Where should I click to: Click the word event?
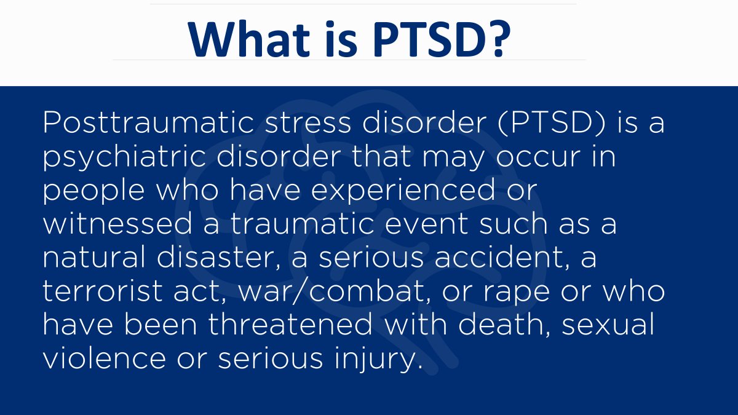click(x=429, y=224)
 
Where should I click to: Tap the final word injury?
click(x=381, y=360)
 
